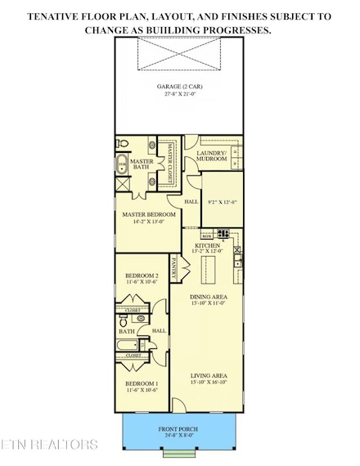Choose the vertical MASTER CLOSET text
point(171,163)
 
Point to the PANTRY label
point(175,267)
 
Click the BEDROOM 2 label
point(142,277)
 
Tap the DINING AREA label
point(208,297)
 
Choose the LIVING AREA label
point(208,377)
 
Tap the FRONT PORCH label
point(178,429)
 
